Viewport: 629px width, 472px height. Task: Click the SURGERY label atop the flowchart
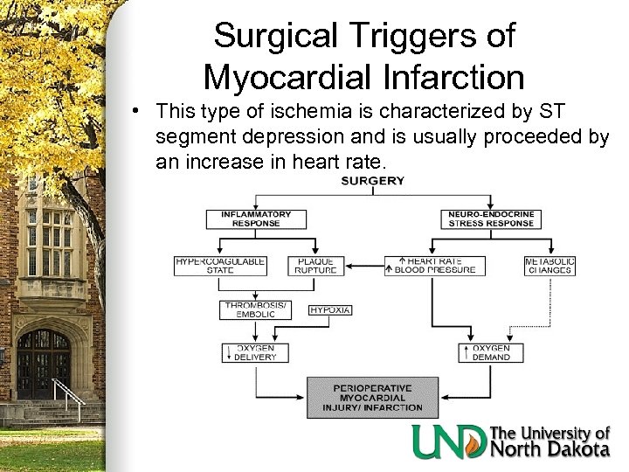click(373, 182)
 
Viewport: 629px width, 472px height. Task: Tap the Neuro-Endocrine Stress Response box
click(489, 218)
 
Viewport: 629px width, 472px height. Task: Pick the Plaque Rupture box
click(315, 265)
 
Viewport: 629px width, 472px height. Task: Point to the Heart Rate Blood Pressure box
click(431, 265)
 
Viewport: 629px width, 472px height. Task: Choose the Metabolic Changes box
click(550, 265)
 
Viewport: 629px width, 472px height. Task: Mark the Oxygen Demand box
click(489, 353)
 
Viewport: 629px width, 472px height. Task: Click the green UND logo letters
click(450, 441)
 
